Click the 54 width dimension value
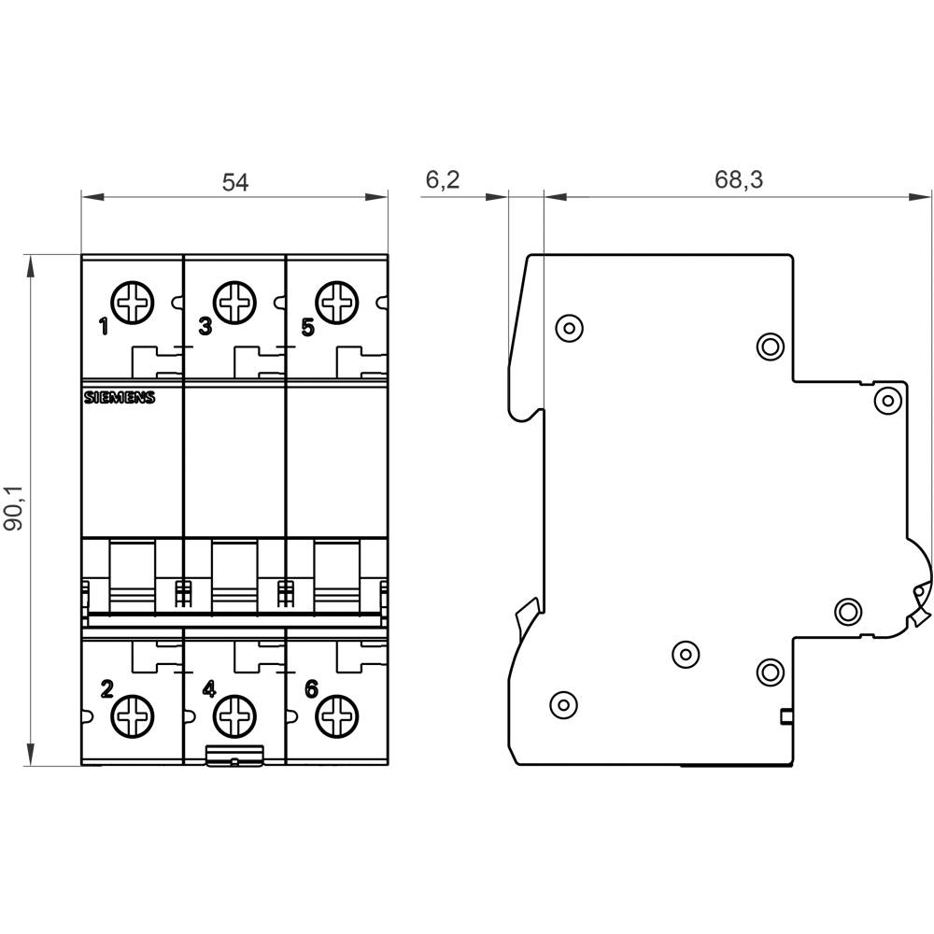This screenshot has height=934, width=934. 234,182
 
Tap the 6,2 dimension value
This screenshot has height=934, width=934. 443,180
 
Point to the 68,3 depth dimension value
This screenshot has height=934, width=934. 739,180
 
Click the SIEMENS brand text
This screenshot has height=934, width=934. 120,398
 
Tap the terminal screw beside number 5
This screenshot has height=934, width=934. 337,303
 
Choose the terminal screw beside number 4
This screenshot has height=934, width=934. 234,717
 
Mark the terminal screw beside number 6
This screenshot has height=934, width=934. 337,717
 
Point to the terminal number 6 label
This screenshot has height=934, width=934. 311,689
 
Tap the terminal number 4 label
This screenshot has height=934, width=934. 209,689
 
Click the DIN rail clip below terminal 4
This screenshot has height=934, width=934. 234,757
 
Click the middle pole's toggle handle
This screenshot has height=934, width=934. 234,574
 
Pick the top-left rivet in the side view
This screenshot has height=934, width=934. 568,327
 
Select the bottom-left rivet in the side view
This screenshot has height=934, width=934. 561,703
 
